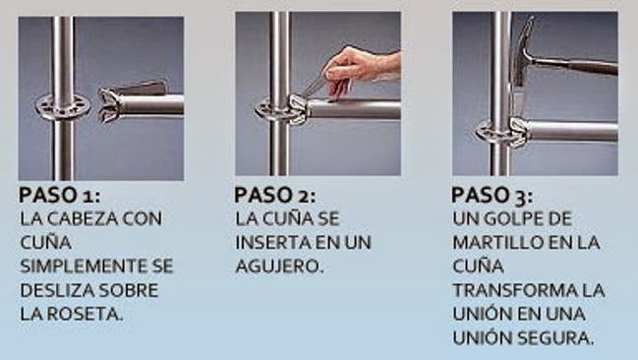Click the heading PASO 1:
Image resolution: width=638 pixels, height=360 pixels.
point(59,195)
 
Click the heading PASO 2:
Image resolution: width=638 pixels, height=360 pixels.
point(274,195)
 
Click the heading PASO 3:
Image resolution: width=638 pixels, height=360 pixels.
point(492,196)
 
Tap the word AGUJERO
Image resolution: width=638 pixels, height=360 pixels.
point(279,267)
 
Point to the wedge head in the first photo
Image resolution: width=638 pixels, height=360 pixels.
point(110,105)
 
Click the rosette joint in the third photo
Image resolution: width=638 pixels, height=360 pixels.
point(502,132)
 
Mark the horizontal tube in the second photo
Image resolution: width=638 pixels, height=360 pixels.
point(353,109)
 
